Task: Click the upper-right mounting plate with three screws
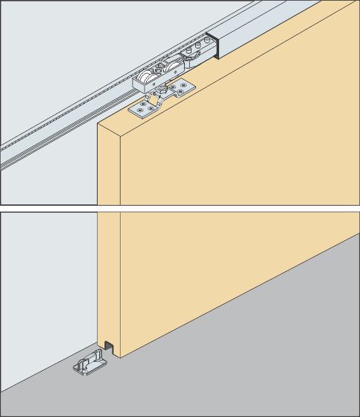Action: (180, 90)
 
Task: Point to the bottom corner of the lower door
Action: (119, 357)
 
